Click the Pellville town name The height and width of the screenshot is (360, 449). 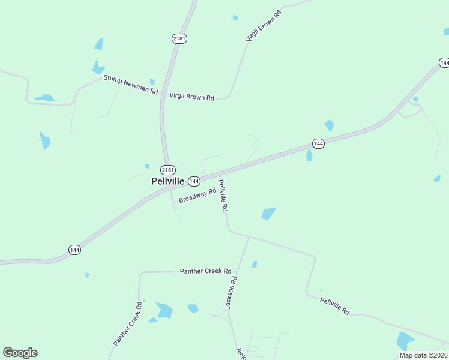[167, 181]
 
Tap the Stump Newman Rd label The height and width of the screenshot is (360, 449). [130, 85]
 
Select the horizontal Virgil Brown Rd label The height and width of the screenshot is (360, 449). [191, 96]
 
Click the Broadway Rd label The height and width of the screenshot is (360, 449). [197, 196]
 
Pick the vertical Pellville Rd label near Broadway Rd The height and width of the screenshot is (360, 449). [223, 195]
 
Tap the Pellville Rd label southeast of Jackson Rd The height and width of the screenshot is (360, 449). [334, 306]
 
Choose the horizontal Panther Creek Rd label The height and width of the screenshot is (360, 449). [206, 271]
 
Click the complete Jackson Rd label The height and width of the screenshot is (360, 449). [231, 292]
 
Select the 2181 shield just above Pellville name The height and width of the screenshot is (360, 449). [168, 170]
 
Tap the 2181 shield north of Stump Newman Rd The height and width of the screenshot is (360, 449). [179, 38]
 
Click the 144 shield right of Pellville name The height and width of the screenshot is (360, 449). [194, 181]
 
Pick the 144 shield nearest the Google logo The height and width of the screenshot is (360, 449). [74, 250]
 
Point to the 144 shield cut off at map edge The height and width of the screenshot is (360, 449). [444, 62]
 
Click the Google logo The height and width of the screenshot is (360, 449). [20, 353]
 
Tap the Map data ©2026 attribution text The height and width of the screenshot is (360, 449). [423, 355]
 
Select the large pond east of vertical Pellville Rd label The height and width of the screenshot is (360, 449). [268, 214]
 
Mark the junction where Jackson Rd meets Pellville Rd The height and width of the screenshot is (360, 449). [249, 237]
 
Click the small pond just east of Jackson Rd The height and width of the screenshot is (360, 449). [255, 264]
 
